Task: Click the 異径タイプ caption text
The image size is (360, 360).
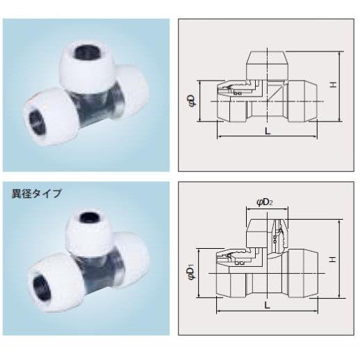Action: (x=37, y=193)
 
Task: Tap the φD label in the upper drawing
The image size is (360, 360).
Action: (x=193, y=101)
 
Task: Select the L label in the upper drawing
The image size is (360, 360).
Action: (x=268, y=131)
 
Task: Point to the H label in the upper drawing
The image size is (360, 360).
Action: (x=333, y=85)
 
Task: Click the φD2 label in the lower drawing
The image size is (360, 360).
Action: (x=264, y=202)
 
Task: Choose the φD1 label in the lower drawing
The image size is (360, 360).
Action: (x=192, y=273)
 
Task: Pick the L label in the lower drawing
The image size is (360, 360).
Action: (x=268, y=306)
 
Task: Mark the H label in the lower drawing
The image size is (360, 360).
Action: (x=333, y=259)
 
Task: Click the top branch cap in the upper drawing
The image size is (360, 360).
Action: (x=267, y=66)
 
